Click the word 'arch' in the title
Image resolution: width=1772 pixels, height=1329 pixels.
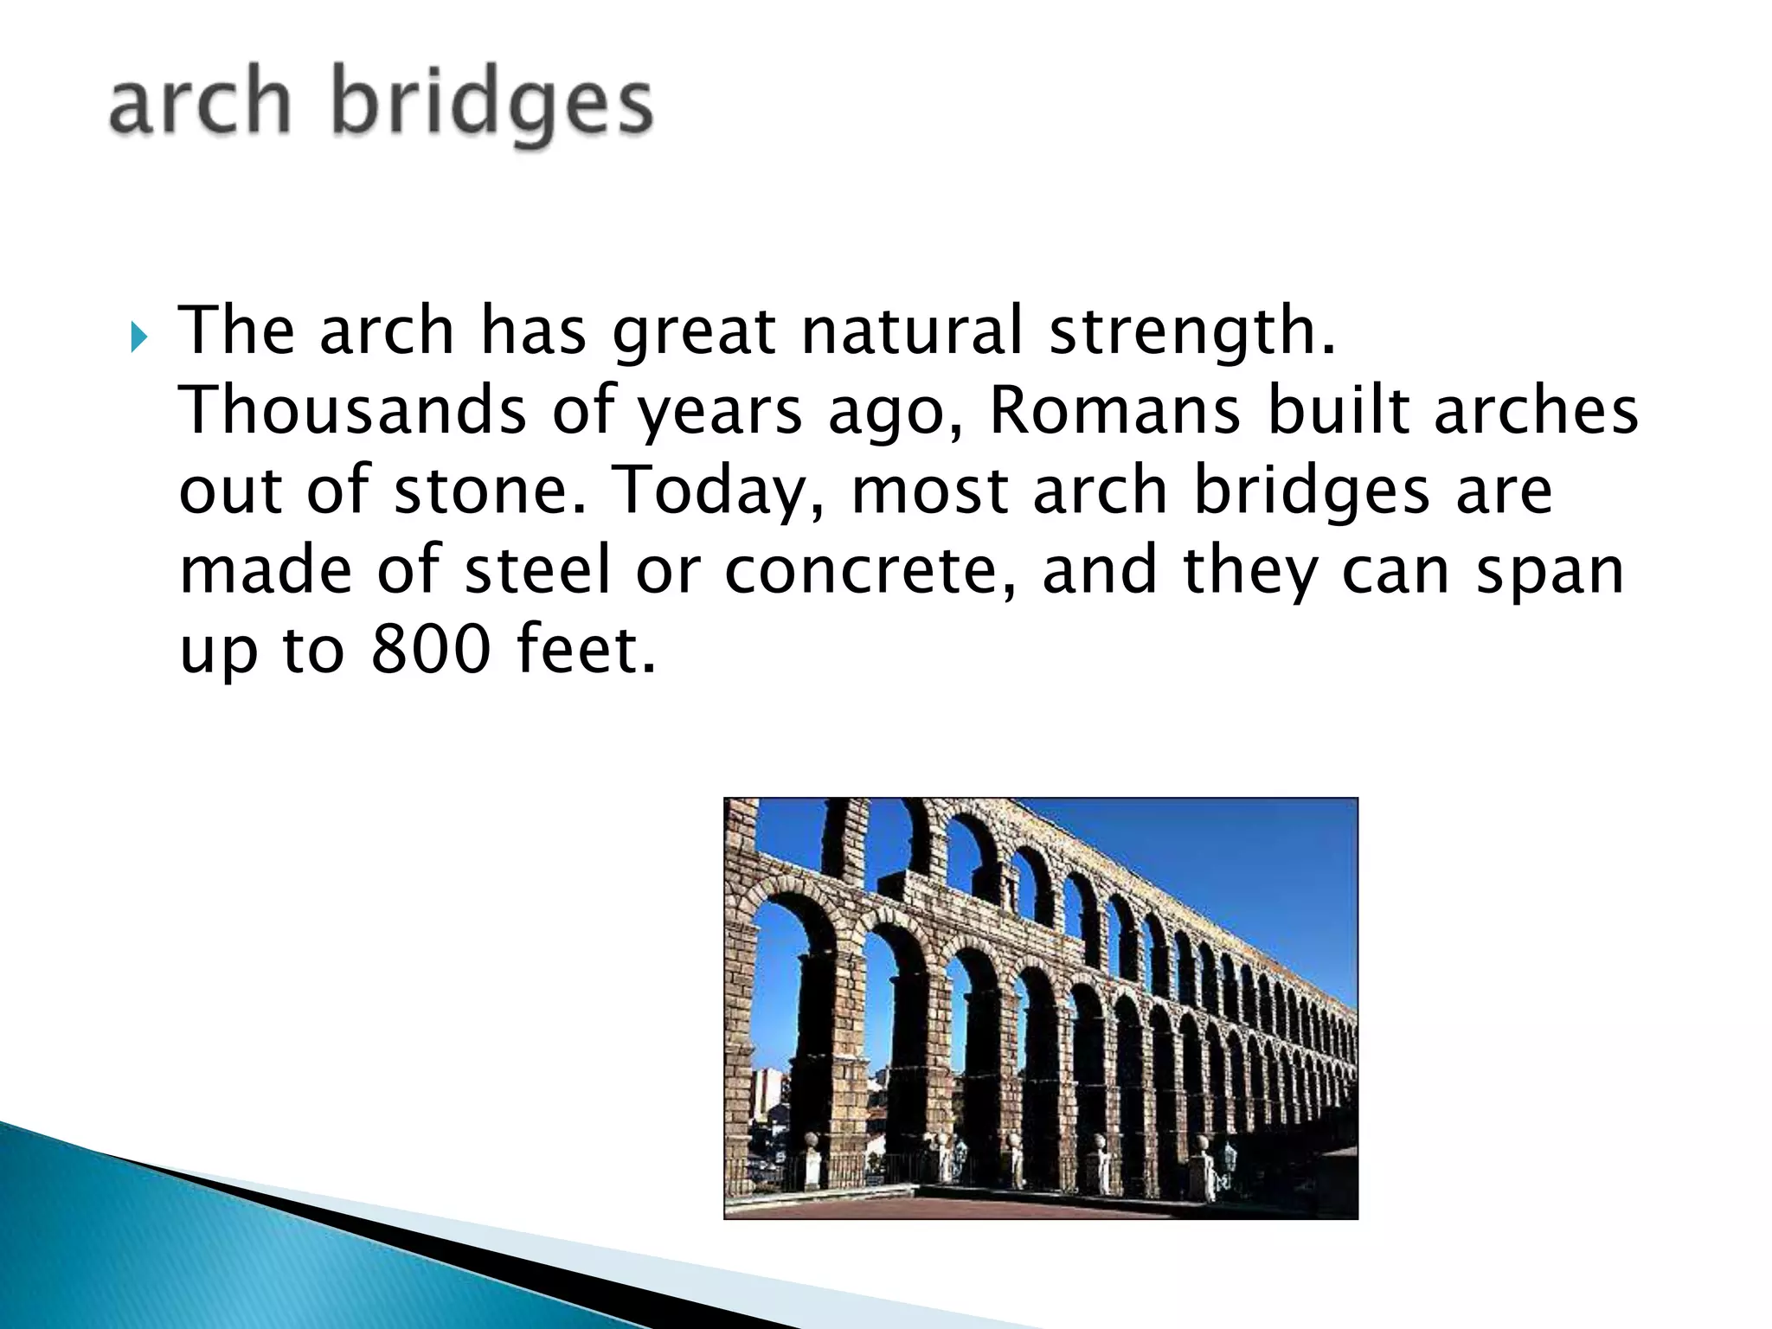pyautogui.click(x=199, y=104)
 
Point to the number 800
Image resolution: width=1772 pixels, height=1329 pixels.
pyautogui.click(x=431, y=650)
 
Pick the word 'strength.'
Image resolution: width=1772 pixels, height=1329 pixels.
pyautogui.click(x=1192, y=331)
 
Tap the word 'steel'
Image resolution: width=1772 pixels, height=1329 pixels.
pyautogui.click(x=538, y=571)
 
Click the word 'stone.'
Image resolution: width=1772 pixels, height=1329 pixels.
pyautogui.click(x=491, y=490)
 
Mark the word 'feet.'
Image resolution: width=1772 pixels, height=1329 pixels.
pyautogui.click(x=586, y=650)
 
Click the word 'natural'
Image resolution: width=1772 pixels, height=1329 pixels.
pyautogui.click(x=912, y=331)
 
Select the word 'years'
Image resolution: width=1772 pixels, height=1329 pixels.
pyautogui.click(x=720, y=414)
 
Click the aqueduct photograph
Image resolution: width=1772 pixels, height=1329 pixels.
pyautogui.click(x=1040, y=1008)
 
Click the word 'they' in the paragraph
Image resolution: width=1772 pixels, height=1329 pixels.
pyautogui.click(x=1249, y=572)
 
